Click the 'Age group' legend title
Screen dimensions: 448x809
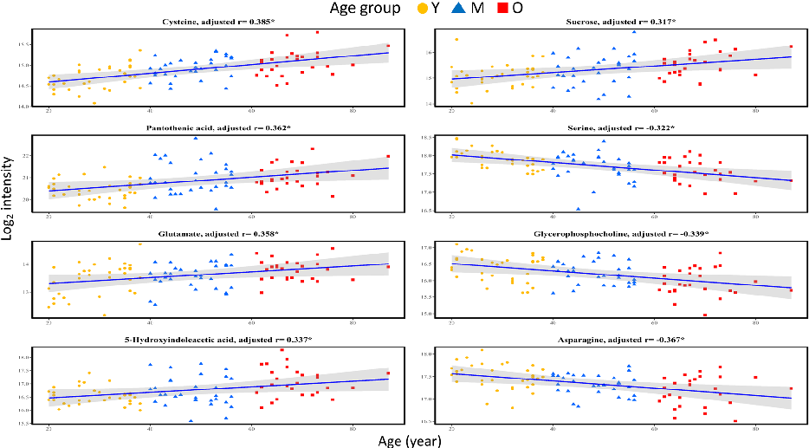pos(363,9)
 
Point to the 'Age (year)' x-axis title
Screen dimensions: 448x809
pos(410,440)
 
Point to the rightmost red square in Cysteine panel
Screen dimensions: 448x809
pos(388,47)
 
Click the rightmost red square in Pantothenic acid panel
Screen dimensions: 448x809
pos(388,157)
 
